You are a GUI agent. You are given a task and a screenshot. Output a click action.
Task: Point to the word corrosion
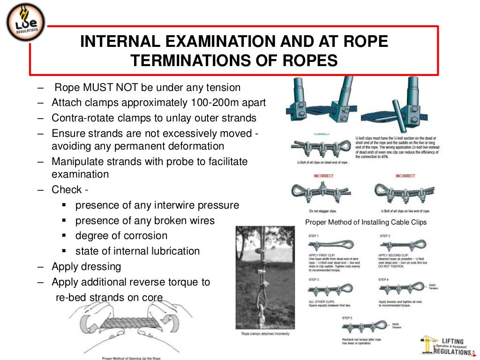(145, 235)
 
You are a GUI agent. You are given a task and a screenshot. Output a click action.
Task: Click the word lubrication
(175, 251)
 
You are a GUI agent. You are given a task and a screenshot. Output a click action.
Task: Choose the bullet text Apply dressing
(86, 266)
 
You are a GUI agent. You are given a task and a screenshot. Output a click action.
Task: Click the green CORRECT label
(322, 134)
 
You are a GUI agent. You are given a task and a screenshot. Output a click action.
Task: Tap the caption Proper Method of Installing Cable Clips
(366, 222)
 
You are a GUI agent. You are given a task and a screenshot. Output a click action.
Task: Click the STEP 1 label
(314, 236)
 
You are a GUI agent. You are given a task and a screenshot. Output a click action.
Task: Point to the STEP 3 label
(314, 279)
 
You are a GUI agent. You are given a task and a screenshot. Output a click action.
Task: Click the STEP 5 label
(347, 318)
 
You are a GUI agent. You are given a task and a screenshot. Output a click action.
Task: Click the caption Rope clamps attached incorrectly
(265, 334)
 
